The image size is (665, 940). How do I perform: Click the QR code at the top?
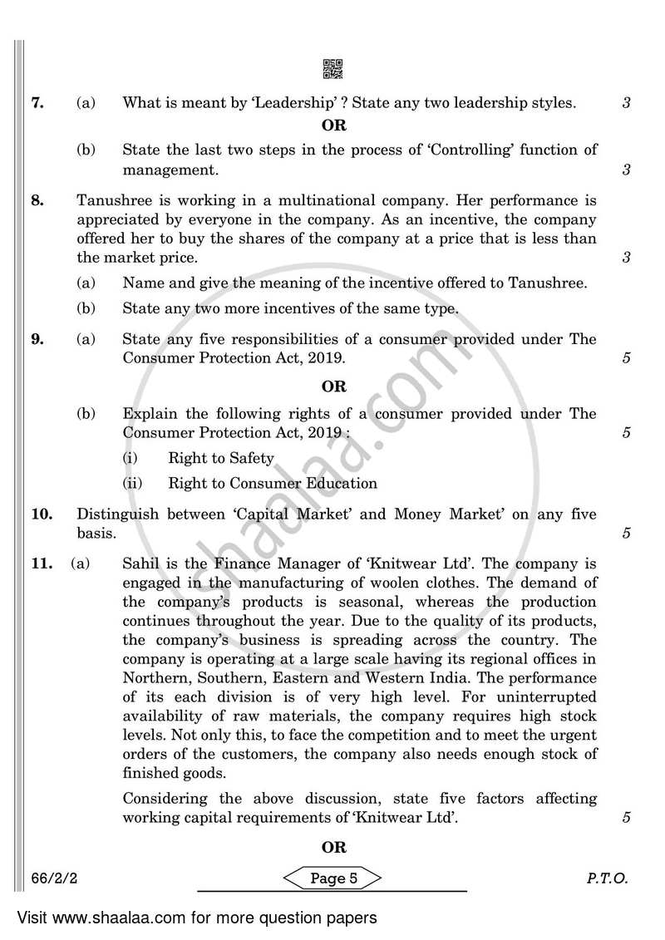point(332,70)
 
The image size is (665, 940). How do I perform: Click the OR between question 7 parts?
point(333,126)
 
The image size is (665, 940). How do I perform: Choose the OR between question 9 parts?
point(333,386)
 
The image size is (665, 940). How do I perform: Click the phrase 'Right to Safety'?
point(220,458)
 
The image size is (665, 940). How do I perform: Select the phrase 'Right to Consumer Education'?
point(272,483)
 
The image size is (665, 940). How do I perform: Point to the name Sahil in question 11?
point(142,564)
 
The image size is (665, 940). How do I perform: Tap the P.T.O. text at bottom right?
point(609,878)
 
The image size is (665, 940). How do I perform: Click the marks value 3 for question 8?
point(626,258)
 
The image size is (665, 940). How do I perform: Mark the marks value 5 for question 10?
point(626,534)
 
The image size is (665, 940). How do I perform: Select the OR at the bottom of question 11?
point(333,848)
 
